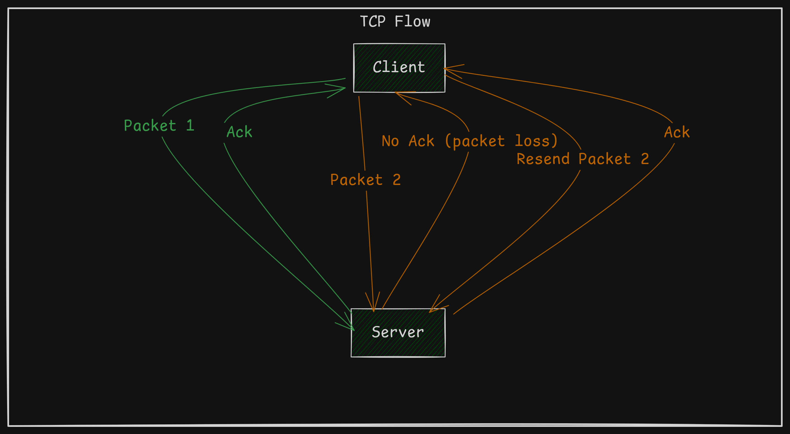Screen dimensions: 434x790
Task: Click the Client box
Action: tap(399, 68)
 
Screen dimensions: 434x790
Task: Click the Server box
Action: tap(398, 333)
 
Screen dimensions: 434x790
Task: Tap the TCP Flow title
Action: tap(395, 21)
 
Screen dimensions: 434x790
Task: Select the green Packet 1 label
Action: tap(159, 126)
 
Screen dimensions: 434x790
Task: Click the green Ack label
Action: tap(239, 132)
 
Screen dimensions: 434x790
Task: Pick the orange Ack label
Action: tap(677, 132)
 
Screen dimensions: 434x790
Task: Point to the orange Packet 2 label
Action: tap(365, 180)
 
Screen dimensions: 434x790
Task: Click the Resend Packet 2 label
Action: tap(583, 159)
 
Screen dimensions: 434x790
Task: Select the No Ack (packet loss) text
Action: tap(469, 141)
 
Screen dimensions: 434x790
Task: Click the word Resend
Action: tap(543, 159)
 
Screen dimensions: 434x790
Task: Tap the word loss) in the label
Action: tap(536, 141)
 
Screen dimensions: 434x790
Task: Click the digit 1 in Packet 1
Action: tap(190, 125)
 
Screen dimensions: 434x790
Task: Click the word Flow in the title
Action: tap(412, 21)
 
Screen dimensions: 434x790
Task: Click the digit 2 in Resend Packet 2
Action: tap(645, 159)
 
